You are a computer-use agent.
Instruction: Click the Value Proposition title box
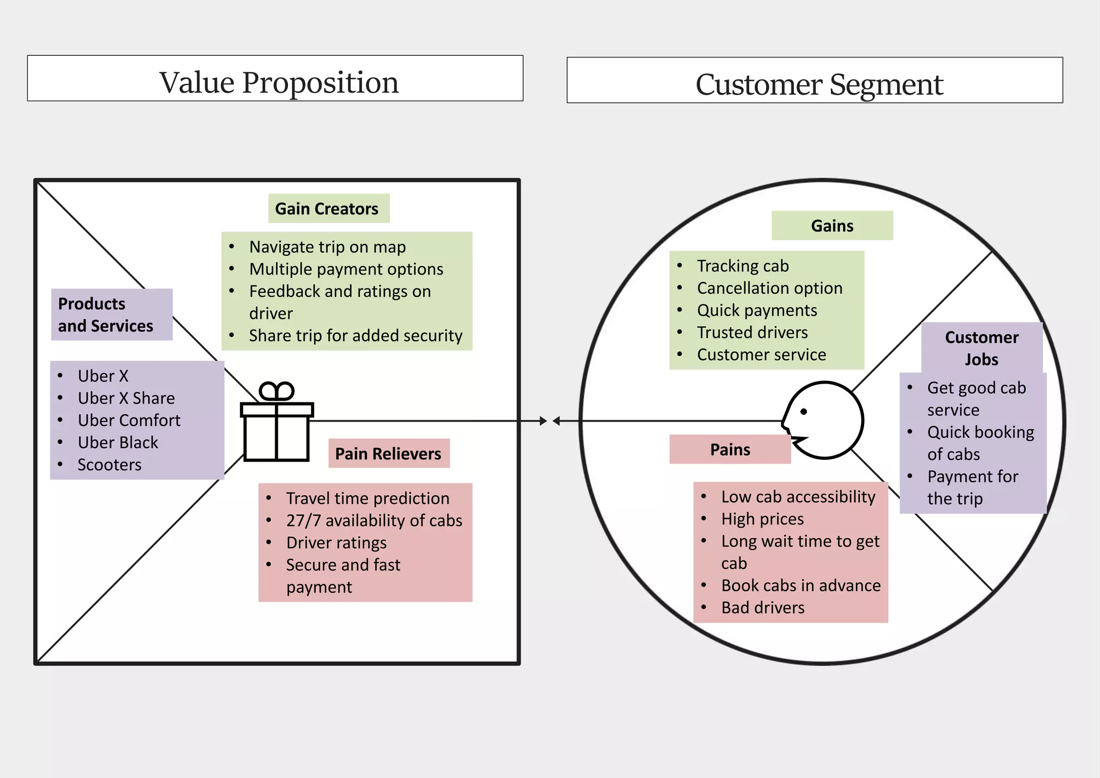click(275, 78)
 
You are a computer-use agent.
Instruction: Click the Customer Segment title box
click(814, 81)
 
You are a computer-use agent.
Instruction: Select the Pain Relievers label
click(388, 453)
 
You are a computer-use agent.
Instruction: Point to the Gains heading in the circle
click(831, 226)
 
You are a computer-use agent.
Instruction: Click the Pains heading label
click(729, 449)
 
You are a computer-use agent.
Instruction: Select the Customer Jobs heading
click(981, 348)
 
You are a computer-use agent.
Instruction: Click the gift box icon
click(277, 430)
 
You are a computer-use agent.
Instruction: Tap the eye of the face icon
click(804, 412)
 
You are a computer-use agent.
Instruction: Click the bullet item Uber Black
click(118, 442)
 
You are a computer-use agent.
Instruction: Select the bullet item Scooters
click(109, 464)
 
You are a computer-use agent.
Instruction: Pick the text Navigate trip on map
click(327, 247)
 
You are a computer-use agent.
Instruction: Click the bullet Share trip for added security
click(355, 335)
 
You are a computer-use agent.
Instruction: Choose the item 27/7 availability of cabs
click(374, 520)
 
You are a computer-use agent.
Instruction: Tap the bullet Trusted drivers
click(752, 332)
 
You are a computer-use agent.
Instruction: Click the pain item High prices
click(762, 518)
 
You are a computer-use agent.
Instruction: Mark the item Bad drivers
click(763, 607)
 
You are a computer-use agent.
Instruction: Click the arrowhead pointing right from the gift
click(543, 421)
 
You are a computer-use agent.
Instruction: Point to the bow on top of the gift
click(277, 391)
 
